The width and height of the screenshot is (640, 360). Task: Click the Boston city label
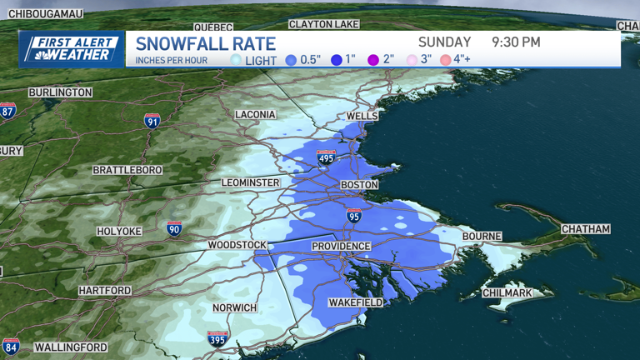click(359, 185)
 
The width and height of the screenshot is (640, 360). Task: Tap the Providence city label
click(341, 247)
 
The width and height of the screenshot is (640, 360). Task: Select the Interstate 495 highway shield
click(327, 157)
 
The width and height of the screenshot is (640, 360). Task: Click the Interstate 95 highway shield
click(354, 216)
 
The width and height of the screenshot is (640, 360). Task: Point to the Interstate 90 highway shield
click(173, 229)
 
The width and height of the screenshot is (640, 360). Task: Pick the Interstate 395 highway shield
click(217, 338)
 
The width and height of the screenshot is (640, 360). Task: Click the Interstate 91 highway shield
click(152, 122)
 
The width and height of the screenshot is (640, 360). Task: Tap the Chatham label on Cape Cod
click(585, 229)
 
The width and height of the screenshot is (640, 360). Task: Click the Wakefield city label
click(356, 302)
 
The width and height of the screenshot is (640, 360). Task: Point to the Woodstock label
click(237, 245)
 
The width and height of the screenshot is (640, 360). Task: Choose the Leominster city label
click(251, 182)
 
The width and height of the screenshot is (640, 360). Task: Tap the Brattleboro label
click(127, 170)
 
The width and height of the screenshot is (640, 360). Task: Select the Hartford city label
click(105, 291)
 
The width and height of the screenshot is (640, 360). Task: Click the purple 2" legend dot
click(373, 60)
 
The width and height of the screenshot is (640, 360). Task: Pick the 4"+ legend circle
click(446, 60)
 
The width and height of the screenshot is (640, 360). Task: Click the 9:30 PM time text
click(516, 42)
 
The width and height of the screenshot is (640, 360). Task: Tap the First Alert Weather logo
click(72, 49)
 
